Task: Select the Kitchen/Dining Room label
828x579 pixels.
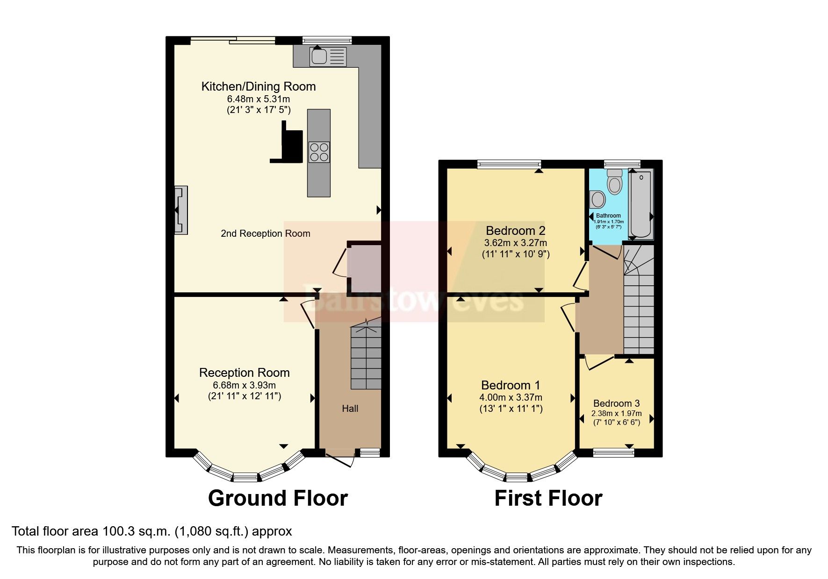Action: tap(258, 86)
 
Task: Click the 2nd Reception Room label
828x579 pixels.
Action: tap(265, 233)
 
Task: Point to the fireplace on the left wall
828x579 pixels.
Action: tap(180, 210)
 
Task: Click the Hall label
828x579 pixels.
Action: tap(350, 409)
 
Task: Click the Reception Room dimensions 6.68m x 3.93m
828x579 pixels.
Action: tap(244, 385)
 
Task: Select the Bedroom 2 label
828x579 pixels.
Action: tap(515, 231)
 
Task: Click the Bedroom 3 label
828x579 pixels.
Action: tap(616, 403)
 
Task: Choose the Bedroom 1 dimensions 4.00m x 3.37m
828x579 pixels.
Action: tap(511, 397)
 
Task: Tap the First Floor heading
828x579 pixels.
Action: tap(548, 498)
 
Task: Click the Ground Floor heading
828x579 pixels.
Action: tap(278, 498)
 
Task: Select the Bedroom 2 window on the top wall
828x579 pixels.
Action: tap(509, 163)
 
